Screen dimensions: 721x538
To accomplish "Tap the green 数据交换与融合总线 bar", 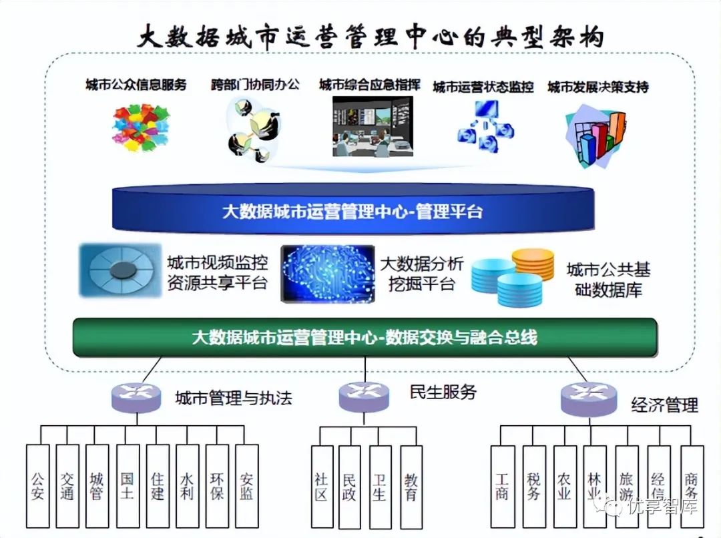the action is tap(365, 337).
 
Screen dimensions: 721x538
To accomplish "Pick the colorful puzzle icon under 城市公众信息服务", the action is tap(141, 127).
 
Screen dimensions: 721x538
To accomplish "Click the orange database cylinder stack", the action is tap(533, 264).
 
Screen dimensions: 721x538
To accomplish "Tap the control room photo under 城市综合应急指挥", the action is tap(373, 126).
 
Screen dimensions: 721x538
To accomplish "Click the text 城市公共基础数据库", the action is tap(608, 280).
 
